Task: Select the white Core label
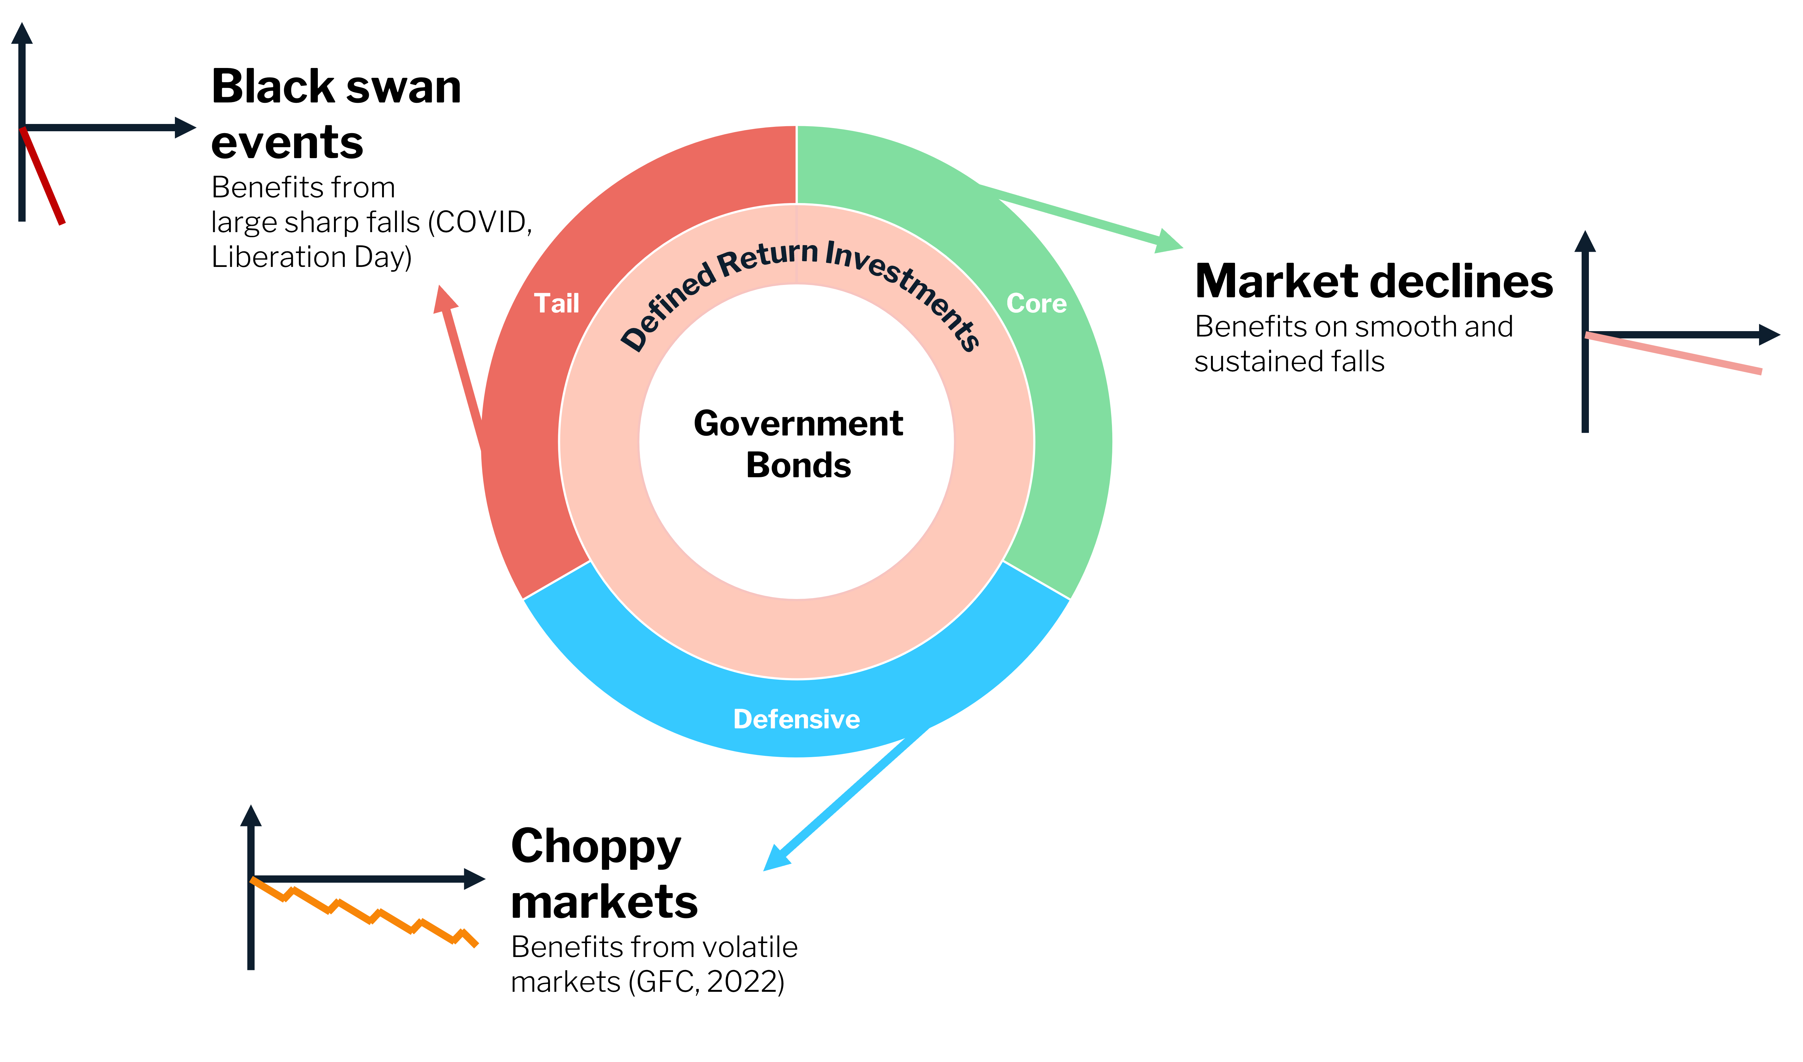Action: tap(1036, 303)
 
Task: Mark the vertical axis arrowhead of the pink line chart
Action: tap(1585, 241)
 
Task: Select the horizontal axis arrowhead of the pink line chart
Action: tap(1769, 334)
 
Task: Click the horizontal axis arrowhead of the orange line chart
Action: tap(474, 879)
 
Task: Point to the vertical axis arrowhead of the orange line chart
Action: tap(250, 816)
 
